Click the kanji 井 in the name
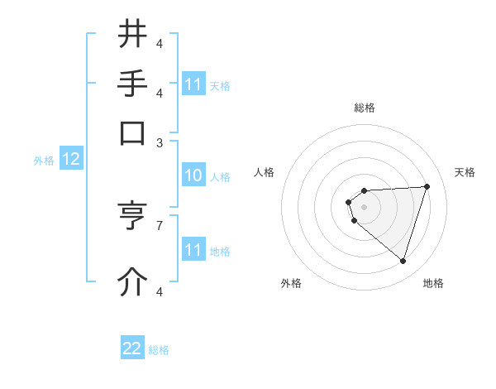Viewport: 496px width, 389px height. tap(133, 35)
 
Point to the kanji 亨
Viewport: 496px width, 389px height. tap(133, 216)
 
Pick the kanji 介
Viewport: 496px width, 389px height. tap(133, 282)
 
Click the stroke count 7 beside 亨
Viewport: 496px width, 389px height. tap(160, 224)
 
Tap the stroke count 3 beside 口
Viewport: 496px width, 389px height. tap(160, 142)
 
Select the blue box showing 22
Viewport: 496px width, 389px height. tap(132, 348)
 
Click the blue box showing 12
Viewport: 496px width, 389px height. tap(70, 159)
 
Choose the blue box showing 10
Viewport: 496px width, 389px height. tap(193, 175)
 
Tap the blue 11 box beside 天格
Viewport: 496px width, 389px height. tap(193, 84)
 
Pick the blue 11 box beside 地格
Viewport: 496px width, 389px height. tap(193, 250)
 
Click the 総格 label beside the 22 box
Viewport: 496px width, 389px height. tap(159, 350)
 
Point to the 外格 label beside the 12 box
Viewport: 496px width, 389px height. tap(44, 161)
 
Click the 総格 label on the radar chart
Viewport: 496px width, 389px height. tap(365, 108)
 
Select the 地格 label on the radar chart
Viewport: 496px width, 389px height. tap(433, 283)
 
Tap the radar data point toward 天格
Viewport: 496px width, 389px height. tap(427, 186)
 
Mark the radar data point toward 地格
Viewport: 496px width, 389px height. tap(403, 261)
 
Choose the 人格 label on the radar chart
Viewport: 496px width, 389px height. tap(265, 172)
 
